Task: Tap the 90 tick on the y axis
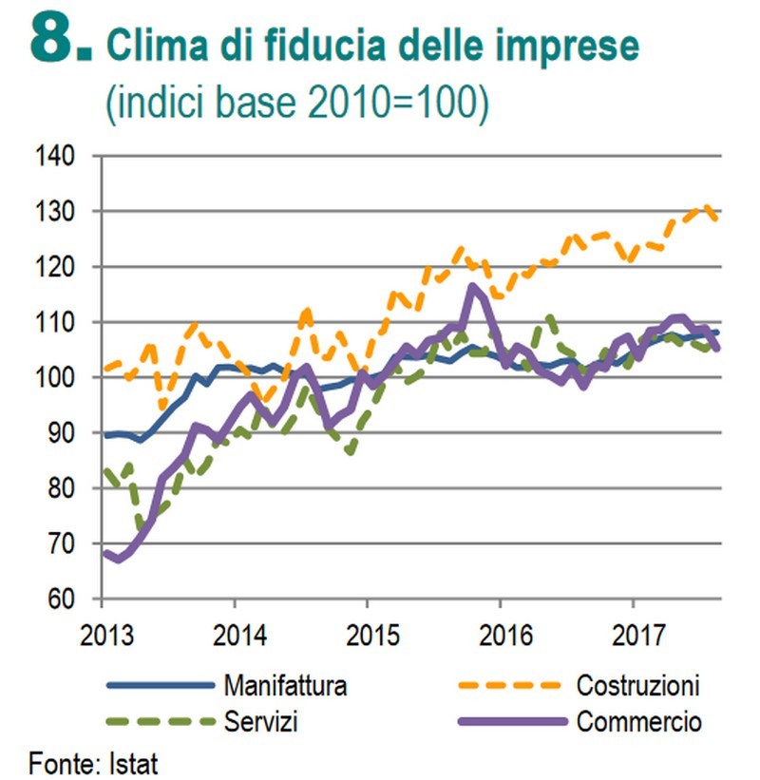(67, 433)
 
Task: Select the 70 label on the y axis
(67, 544)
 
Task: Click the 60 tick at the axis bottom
(67, 599)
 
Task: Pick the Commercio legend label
(638, 721)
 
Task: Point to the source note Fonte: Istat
(93, 762)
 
